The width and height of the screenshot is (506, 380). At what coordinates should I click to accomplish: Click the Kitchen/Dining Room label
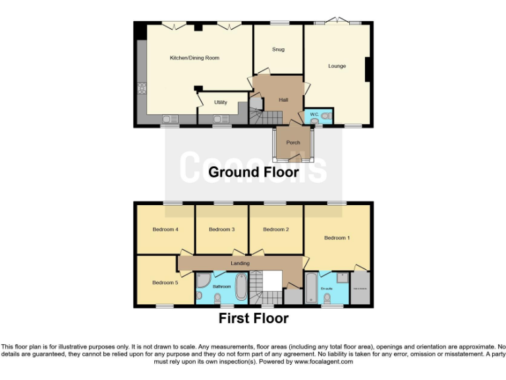tap(194, 58)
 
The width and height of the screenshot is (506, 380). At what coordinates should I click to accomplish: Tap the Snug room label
tap(278, 49)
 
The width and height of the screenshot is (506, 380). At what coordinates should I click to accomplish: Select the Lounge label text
tap(337, 66)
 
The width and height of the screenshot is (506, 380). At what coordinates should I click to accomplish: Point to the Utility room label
tap(221, 102)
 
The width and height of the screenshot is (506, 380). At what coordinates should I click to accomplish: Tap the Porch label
tap(293, 142)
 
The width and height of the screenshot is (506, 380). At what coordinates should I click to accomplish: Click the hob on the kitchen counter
tap(140, 88)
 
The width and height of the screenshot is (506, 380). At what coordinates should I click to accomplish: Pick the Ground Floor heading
tap(254, 173)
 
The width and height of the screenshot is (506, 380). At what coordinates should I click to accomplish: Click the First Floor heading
tap(254, 319)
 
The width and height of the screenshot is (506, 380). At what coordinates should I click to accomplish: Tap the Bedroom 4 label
tap(165, 230)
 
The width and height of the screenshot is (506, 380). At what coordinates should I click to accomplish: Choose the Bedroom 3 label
tap(221, 230)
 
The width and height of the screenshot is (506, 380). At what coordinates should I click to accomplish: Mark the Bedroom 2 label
tap(276, 230)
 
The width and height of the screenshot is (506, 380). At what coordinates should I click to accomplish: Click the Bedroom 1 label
tap(337, 237)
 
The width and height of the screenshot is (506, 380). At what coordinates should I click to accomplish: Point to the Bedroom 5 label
tap(165, 282)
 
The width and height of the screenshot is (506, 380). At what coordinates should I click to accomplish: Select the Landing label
tap(240, 263)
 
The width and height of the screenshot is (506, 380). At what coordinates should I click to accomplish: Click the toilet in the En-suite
tap(327, 298)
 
